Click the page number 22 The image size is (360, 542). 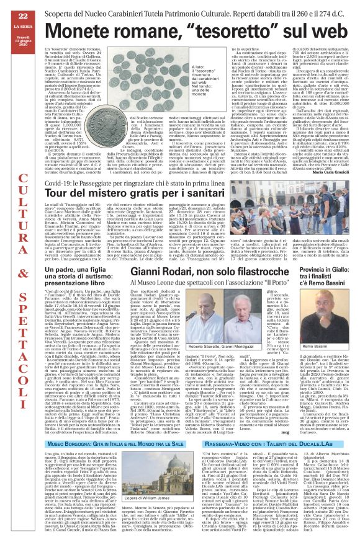point(12,14)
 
